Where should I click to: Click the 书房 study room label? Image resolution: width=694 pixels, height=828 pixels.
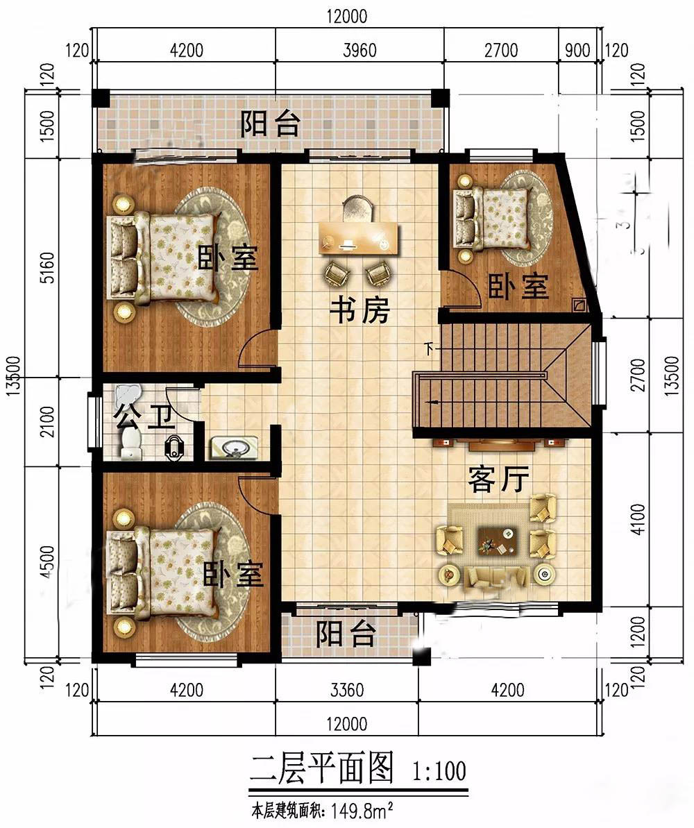click(360, 311)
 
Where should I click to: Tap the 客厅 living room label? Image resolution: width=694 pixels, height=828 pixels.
click(498, 479)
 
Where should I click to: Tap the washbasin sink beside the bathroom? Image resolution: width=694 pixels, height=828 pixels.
click(232, 448)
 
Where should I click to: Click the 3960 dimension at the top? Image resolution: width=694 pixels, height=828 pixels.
click(359, 51)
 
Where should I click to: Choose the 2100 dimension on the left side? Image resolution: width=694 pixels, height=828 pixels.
click(46, 424)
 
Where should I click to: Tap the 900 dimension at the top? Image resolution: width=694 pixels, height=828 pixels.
click(578, 51)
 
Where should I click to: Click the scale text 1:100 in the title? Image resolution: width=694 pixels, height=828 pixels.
click(439, 770)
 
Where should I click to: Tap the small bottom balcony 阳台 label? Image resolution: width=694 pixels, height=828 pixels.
click(346, 633)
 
